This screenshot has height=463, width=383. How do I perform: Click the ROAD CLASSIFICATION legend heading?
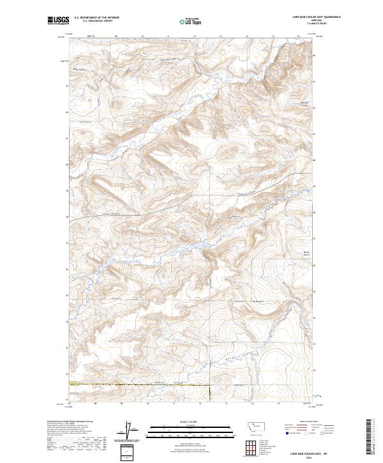point(308,422)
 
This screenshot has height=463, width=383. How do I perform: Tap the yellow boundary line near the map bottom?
point(128,384)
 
